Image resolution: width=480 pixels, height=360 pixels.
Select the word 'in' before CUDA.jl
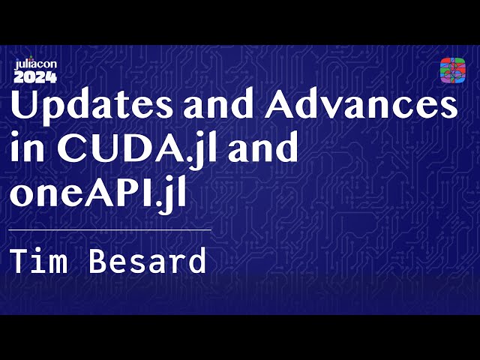point(25,149)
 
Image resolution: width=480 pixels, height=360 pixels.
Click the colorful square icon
point(452,70)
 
